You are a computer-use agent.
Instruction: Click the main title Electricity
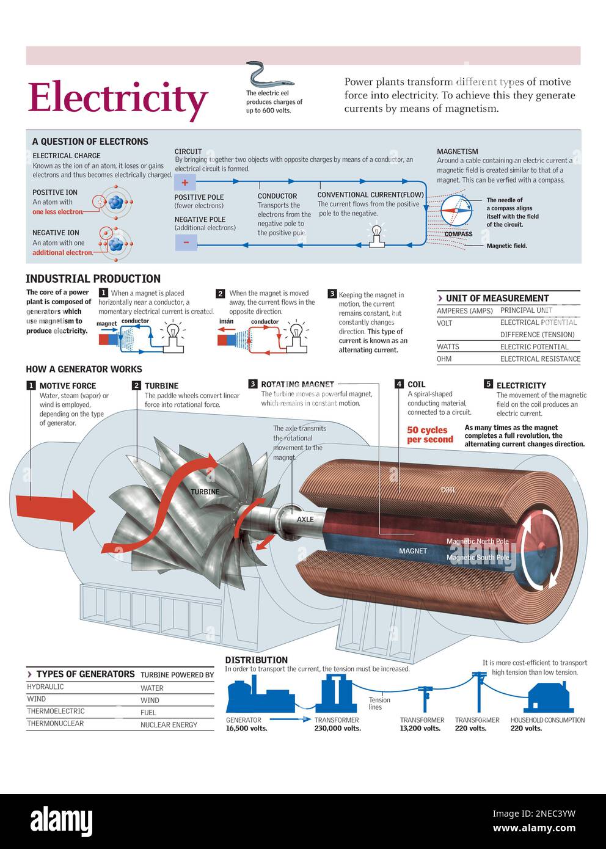[x=118, y=98]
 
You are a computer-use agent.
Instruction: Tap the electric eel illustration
[x=269, y=75]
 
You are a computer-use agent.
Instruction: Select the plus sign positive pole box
[x=185, y=182]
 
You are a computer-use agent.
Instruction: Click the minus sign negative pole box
[x=186, y=242]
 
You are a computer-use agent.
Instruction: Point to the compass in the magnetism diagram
[x=456, y=211]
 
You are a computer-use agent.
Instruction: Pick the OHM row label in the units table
[x=444, y=359]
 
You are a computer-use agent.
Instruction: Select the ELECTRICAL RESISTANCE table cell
[x=540, y=359]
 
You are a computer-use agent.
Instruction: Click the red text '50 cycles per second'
[x=430, y=435]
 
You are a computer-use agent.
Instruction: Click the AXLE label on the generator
[x=305, y=519]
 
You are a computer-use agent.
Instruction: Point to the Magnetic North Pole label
[x=477, y=541]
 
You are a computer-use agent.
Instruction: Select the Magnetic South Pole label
[x=477, y=557]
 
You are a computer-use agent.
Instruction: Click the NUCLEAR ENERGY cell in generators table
[x=169, y=724]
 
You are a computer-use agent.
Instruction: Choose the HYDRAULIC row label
[x=45, y=687]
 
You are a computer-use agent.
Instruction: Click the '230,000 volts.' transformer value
[x=337, y=728]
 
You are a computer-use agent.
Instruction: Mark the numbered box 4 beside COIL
[x=399, y=384]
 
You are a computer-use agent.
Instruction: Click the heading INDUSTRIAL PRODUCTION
[x=93, y=279]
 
